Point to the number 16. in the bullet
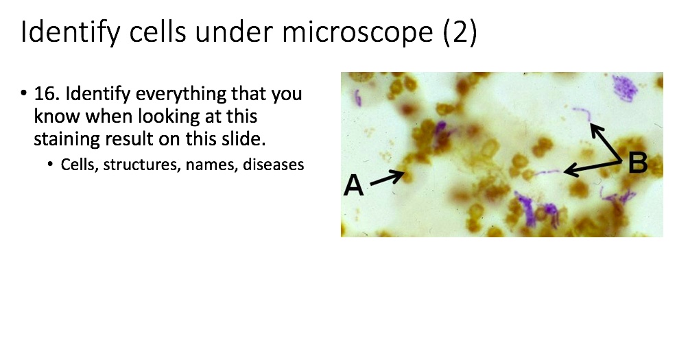(47, 93)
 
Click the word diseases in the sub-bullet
(274, 165)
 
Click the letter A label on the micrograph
(354, 184)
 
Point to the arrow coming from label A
(388, 178)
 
